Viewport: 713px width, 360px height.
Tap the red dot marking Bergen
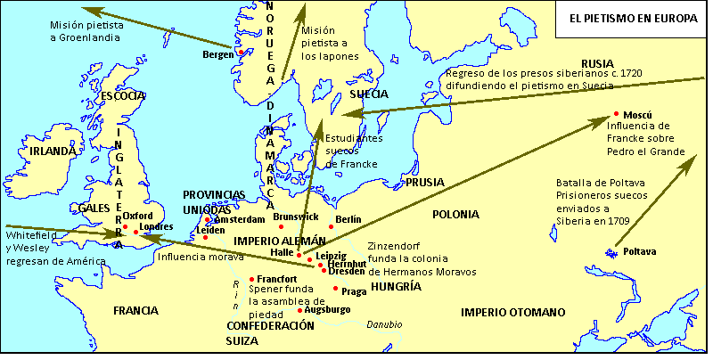239,51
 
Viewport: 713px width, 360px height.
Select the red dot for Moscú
617,114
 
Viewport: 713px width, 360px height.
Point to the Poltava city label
640,252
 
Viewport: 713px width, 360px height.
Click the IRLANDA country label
53,151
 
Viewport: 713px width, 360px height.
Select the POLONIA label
455,215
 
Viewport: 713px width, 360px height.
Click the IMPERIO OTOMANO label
512,312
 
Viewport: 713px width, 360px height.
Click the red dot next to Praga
335,289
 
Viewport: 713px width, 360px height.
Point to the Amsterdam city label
239,219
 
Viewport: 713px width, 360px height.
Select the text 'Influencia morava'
200,258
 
